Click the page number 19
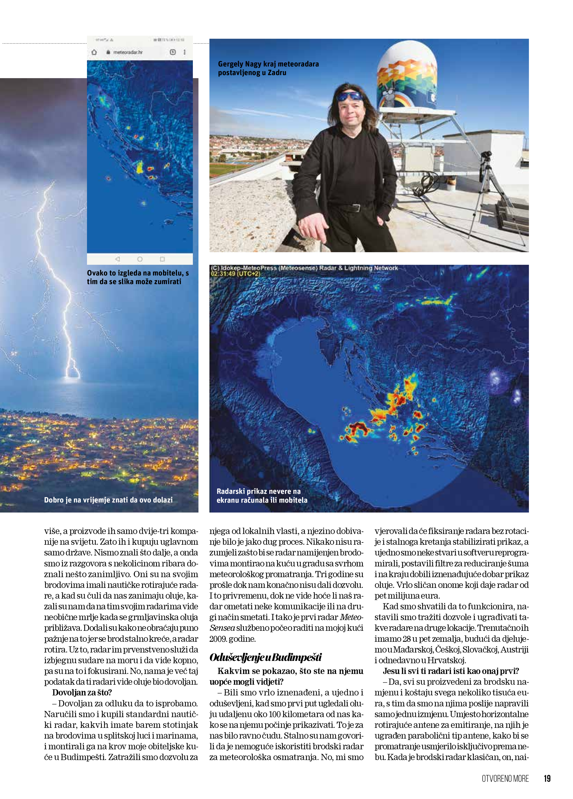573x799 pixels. pyautogui.click(x=547, y=778)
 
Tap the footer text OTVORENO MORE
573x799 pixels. pyautogui.click(x=505, y=778)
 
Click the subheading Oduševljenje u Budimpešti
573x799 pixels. pyautogui.click(x=266, y=657)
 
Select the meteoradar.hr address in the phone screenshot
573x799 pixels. pyautogui.click(x=128, y=52)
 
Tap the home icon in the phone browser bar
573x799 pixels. pyautogui.click(x=94, y=52)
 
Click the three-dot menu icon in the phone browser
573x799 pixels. pyautogui.click(x=184, y=52)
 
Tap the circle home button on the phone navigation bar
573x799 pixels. pyautogui.click(x=140, y=259)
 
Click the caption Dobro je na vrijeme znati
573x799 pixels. pyautogui.click(x=108, y=499)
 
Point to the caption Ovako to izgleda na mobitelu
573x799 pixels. pyautogui.click(x=138, y=277)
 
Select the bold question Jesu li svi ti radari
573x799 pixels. pyautogui.click(x=451, y=671)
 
